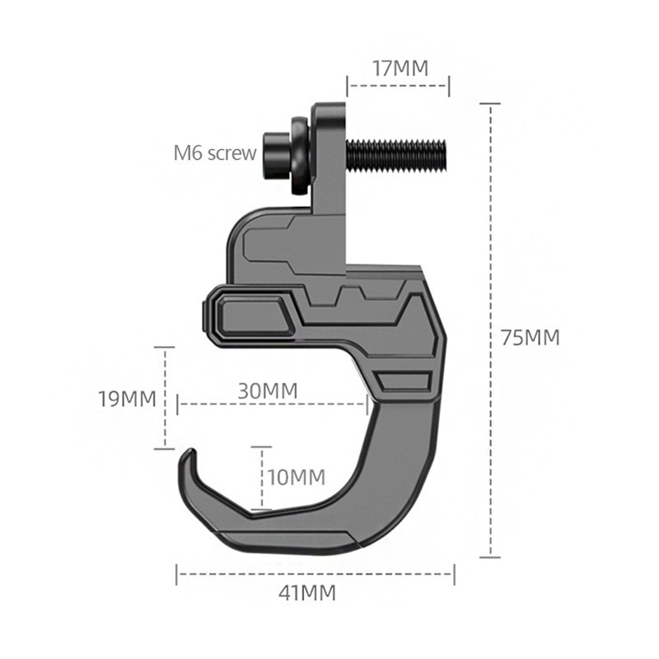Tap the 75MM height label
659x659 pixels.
click(530, 337)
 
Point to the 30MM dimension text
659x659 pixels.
click(268, 390)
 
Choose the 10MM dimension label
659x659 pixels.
click(296, 477)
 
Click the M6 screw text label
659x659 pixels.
click(214, 152)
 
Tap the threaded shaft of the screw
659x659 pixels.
click(395, 154)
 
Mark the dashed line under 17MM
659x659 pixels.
click(399, 83)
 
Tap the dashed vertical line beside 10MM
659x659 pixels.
click(262, 478)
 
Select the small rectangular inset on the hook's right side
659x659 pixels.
click(404, 381)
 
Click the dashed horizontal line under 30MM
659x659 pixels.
click(272, 404)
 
